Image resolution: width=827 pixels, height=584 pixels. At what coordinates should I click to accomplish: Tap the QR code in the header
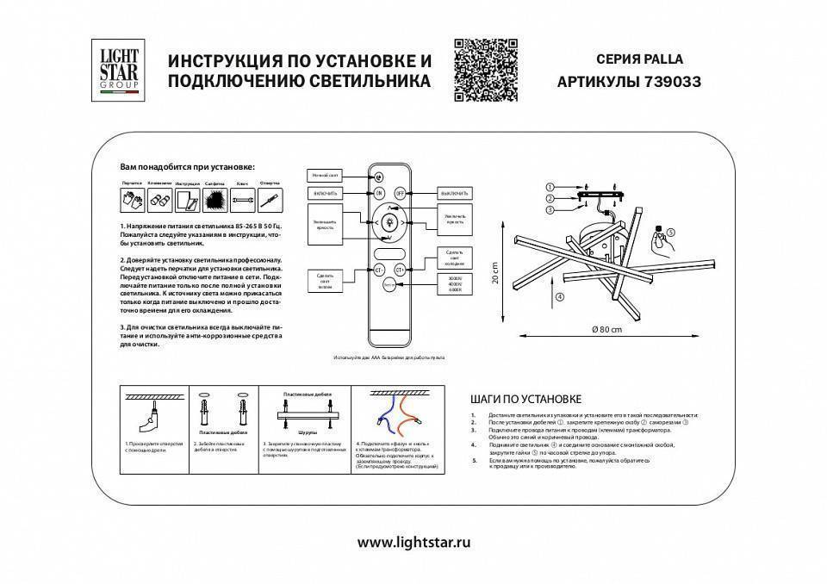[x=485, y=71]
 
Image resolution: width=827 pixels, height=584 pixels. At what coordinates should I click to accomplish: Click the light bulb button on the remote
[x=387, y=223]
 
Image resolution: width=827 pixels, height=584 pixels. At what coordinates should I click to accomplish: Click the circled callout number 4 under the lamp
[x=559, y=297]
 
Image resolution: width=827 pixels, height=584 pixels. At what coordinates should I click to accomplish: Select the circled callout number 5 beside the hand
[x=694, y=231]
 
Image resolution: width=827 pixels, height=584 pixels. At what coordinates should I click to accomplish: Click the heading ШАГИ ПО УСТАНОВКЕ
[x=526, y=399]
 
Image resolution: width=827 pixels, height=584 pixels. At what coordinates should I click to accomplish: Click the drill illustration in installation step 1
[x=146, y=421]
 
